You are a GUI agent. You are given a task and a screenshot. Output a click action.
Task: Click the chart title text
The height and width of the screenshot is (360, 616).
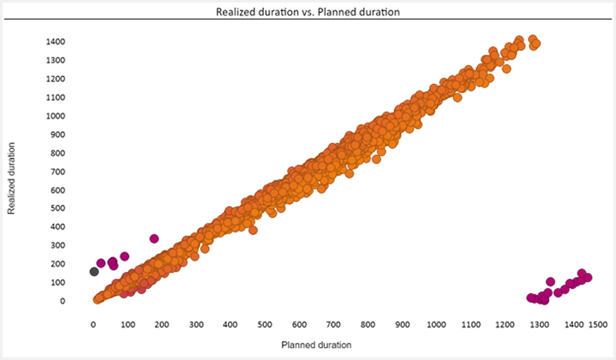(308, 12)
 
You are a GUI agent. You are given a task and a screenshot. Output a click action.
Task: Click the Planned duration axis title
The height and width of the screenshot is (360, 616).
(316, 345)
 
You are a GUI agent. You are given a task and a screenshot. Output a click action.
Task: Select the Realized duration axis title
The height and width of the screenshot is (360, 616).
(11, 178)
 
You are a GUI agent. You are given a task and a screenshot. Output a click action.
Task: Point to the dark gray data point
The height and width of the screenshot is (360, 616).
(94, 272)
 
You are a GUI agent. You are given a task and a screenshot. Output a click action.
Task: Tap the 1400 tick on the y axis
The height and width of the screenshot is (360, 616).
(56, 41)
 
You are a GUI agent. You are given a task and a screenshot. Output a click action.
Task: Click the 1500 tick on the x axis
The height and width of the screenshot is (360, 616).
(598, 325)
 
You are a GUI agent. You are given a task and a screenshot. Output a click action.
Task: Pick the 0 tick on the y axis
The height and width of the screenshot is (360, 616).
(62, 301)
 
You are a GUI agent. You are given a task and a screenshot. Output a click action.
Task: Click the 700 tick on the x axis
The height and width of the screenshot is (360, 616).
(333, 325)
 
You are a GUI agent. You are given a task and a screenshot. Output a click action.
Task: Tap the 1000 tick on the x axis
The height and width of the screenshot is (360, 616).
(436, 325)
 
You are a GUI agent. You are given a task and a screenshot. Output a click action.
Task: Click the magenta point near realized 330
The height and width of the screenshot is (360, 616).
(154, 239)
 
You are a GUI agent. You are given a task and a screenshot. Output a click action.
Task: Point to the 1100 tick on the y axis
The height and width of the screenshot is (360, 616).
(56, 97)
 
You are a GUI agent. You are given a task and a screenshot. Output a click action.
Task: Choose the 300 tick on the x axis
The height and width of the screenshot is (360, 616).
(196, 325)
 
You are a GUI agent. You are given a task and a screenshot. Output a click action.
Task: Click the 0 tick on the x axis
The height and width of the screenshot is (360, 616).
(93, 325)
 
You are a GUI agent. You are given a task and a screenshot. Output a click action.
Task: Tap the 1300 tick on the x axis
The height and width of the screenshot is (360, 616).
(539, 325)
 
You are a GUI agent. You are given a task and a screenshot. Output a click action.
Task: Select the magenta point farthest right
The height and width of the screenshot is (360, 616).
(587, 277)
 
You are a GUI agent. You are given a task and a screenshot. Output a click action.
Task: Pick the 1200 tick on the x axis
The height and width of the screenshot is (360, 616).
(505, 325)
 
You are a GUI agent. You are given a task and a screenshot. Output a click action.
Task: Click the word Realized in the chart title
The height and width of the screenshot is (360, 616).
(235, 12)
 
